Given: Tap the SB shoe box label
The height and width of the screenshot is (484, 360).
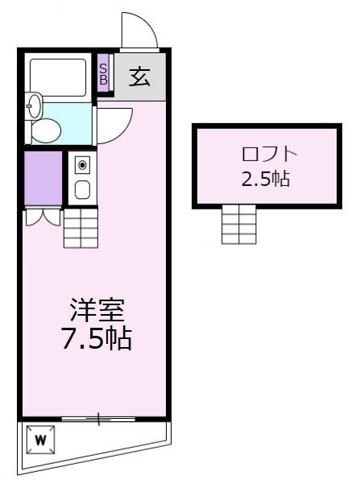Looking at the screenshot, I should pyautogui.click(x=103, y=74).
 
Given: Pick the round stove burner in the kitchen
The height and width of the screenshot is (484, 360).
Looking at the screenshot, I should pyautogui.click(x=81, y=166).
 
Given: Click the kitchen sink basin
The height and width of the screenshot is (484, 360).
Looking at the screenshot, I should pyautogui.click(x=81, y=190).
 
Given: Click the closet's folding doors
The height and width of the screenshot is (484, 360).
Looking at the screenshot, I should pyautogui.click(x=43, y=217).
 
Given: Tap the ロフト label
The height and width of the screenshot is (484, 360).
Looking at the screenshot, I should pyautogui.click(x=265, y=154).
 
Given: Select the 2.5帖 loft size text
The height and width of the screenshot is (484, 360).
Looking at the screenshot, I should pyautogui.click(x=265, y=179).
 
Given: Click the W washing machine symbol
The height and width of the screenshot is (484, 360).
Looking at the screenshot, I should pyautogui.click(x=40, y=440).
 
